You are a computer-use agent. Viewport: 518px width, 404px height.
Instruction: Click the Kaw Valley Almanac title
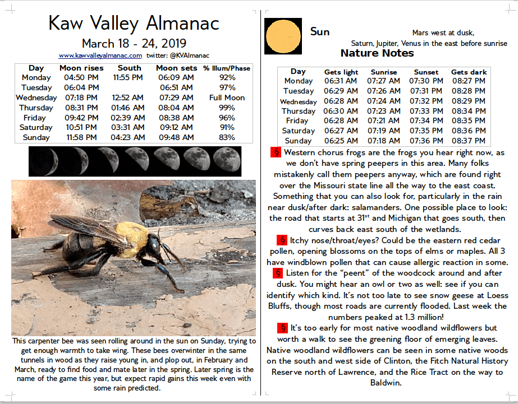[134, 23]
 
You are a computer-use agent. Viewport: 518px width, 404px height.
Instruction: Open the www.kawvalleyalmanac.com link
[100, 55]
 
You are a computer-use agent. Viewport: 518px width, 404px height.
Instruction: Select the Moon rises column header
[81, 68]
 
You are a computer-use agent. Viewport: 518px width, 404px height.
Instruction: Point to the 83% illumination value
[227, 137]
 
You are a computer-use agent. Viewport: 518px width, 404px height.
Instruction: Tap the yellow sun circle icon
[283, 36]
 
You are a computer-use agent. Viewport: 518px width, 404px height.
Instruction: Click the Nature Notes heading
[377, 54]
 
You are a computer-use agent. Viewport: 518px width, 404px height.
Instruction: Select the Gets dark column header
[469, 72]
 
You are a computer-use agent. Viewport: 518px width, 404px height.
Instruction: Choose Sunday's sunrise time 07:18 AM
[384, 141]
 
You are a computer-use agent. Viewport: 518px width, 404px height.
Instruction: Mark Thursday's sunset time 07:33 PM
[427, 111]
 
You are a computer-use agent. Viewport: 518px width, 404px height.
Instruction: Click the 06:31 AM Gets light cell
[341, 81]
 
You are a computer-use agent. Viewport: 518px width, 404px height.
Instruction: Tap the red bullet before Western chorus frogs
[275, 152]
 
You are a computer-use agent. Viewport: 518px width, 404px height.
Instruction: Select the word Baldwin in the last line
[387, 383]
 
